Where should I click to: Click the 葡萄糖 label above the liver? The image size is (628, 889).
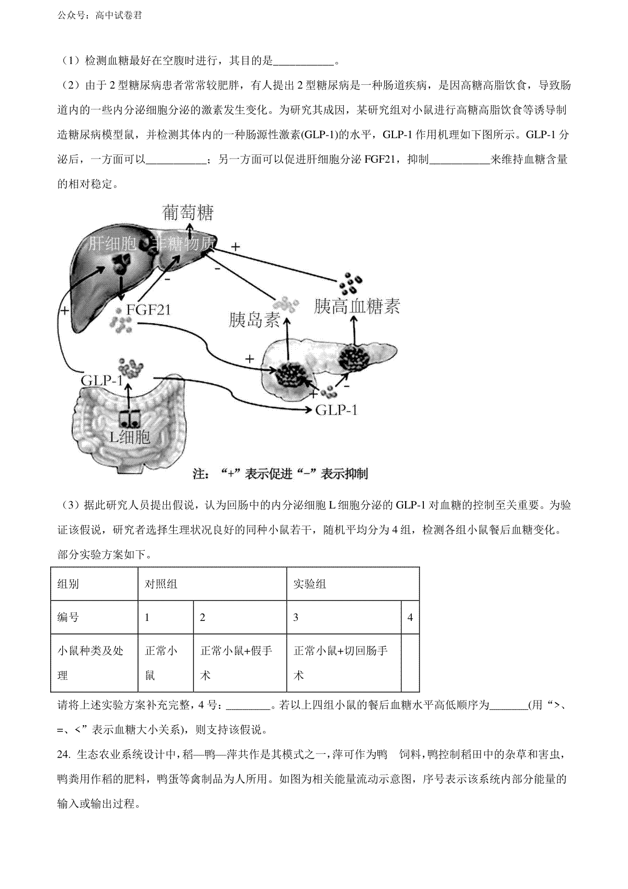188,213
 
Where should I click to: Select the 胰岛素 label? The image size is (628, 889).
255,320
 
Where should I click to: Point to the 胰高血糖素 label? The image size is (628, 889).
357,306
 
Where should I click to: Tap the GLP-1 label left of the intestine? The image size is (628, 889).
102,380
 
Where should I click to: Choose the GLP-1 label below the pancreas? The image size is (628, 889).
337,409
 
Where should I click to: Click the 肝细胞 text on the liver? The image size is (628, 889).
112,243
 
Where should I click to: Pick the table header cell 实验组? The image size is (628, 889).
309,584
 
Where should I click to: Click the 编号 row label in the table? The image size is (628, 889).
68,617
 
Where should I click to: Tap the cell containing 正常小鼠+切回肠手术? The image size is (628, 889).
341,663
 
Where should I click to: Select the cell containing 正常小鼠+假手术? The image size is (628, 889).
236,663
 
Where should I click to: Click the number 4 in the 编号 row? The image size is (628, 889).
410,617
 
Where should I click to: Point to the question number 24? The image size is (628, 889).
63,754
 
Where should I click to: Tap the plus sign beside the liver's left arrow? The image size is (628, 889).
64,310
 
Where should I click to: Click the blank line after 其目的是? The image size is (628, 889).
304,61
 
